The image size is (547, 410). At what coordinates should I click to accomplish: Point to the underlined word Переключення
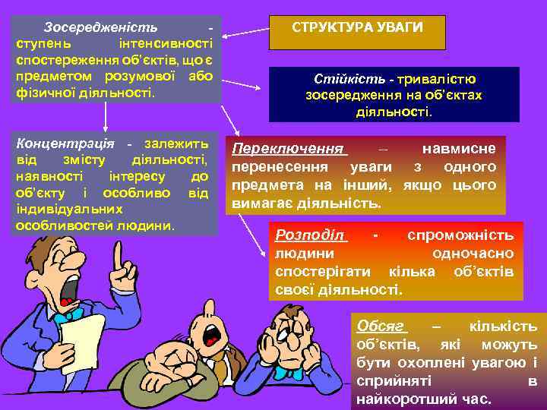tap(289, 149)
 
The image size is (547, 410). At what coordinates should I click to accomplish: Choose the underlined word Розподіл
tap(309, 235)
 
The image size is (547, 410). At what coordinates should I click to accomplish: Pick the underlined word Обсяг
tap(380, 326)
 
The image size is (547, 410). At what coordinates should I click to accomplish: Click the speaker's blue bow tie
tap(70, 313)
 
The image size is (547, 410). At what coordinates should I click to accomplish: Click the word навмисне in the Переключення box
tap(460, 149)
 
